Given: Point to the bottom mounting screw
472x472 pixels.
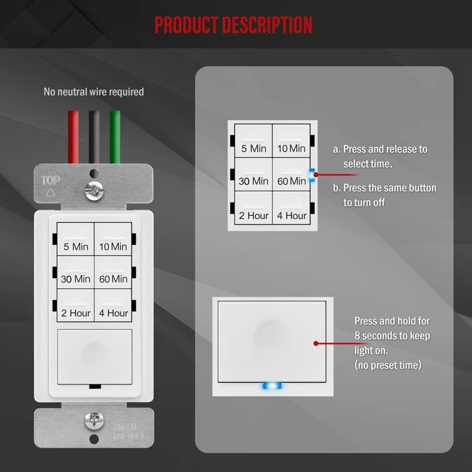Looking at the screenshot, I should pos(94,419).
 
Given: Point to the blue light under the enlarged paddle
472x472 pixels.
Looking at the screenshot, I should pos(272,386).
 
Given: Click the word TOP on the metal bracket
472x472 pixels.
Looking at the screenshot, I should pos(51,181).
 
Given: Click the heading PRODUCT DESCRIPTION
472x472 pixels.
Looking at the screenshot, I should pos(233,25).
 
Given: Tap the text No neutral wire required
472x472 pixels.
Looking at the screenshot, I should pos(94,92).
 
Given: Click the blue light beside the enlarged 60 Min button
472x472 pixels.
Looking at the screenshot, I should pos(312,176).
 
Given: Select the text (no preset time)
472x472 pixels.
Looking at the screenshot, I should pos(388,364).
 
